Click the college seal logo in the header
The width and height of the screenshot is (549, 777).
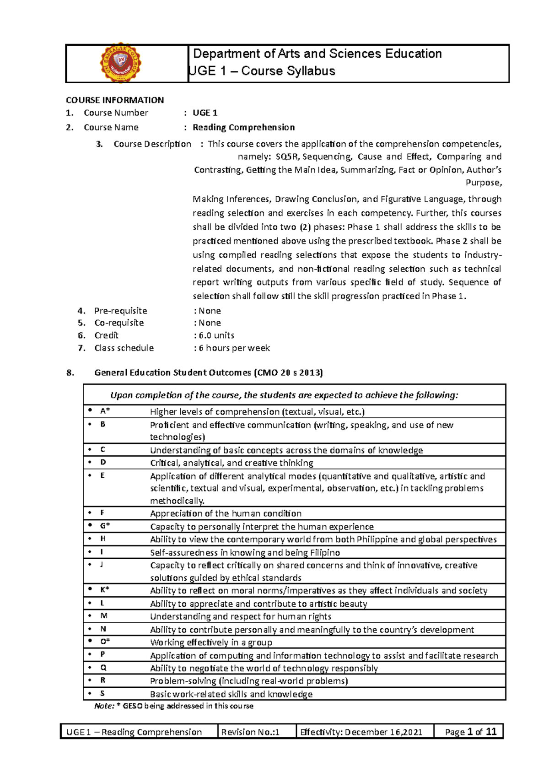121,64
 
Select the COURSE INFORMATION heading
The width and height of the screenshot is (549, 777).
115,100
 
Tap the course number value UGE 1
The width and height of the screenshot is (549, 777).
205,113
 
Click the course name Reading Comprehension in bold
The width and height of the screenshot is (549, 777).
243,127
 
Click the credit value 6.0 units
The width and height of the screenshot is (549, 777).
216,335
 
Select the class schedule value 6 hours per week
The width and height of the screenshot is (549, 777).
234,348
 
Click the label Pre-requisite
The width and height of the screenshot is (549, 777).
121,311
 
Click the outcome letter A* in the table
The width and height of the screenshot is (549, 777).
105,411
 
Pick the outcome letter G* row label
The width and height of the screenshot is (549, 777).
105,526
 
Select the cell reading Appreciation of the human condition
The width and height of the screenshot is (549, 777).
226,513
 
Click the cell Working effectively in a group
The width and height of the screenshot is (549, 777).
211,642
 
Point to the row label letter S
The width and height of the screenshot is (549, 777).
102,693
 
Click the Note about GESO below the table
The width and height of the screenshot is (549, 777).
174,706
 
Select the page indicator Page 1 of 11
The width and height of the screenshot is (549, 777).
470,732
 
